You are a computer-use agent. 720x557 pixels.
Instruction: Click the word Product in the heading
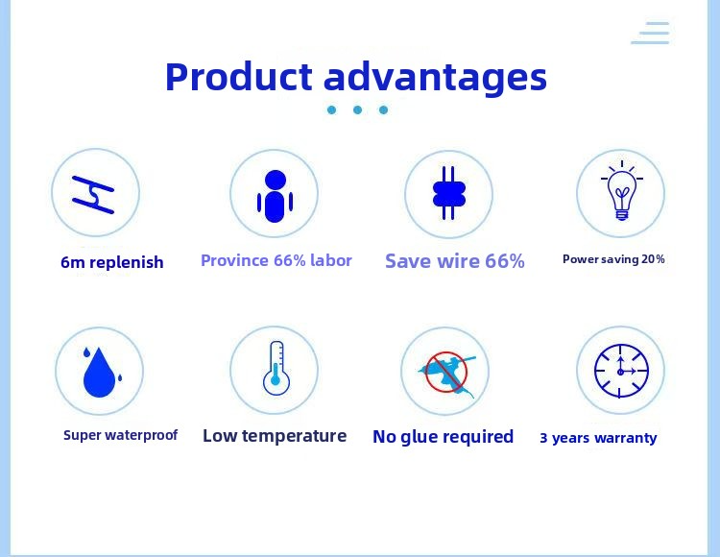click(239, 76)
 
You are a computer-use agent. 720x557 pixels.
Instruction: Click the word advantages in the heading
click(435, 79)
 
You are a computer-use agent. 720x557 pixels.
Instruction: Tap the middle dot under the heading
click(357, 109)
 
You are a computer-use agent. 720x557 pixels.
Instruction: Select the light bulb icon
click(622, 190)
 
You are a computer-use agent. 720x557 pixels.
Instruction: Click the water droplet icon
click(100, 372)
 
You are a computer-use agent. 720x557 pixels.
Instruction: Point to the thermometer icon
click(276, 368)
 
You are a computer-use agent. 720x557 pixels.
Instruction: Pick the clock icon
click(621, 371)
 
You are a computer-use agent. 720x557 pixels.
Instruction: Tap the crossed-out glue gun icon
click(445, 373)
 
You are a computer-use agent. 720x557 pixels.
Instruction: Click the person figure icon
click(276, 196)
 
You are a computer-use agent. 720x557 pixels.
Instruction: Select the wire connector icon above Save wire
click(449, 193)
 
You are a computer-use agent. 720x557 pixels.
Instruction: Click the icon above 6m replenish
click(93, 195)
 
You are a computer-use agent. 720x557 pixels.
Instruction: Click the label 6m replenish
click(112, 262)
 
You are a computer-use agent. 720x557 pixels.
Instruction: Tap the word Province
click(234, 260)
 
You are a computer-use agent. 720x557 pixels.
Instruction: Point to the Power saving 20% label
click(613, 259)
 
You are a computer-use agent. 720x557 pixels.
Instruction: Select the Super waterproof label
click(120, 435)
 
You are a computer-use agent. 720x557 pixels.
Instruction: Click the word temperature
click(294, 436)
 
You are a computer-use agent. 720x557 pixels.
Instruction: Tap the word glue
click(419, 437)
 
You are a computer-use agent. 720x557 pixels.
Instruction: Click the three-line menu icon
click(650, 33)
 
